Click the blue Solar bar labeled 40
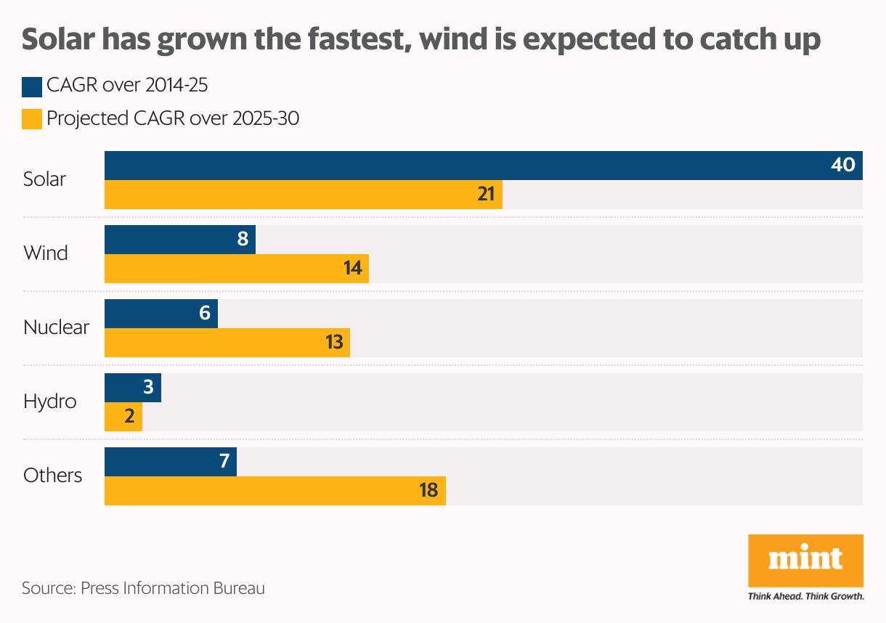coord(483,166)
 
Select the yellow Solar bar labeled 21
coord(304,195)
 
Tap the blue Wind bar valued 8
coord(180,240)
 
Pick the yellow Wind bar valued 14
coord(237,269)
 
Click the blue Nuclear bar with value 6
coord(161,314)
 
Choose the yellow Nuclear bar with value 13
coord(227,343)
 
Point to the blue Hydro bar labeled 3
coord(133,388)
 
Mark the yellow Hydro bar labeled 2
coord(123,417)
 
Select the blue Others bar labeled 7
coord(171,462)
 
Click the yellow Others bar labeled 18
coord(275,491)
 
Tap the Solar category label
coord(44,179)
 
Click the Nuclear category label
coord(56,327)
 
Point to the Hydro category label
coord(49,402)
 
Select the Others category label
coord(52,476)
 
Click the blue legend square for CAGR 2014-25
coord(31,86)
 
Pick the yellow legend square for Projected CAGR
coord(31,118)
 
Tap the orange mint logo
coord(805,560)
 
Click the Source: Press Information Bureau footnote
coord(143,588)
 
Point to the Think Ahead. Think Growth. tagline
coord(805,597)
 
